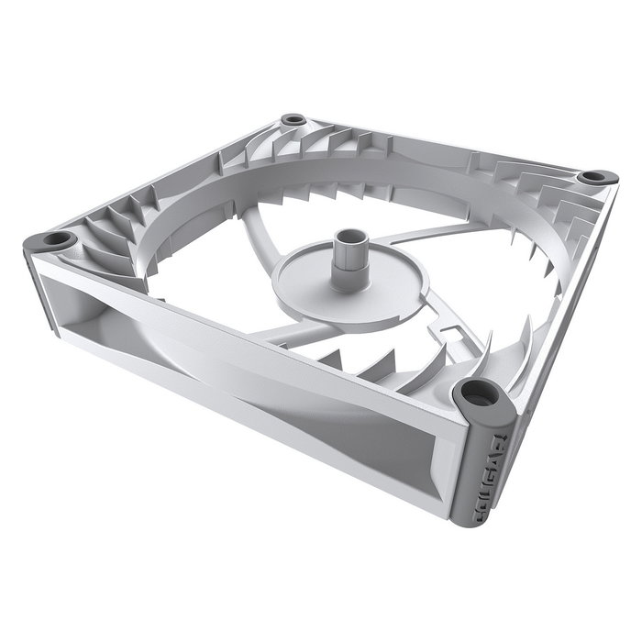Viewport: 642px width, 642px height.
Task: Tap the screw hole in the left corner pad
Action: pos(57,239)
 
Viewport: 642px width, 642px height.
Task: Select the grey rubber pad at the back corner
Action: pos(293,120)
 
